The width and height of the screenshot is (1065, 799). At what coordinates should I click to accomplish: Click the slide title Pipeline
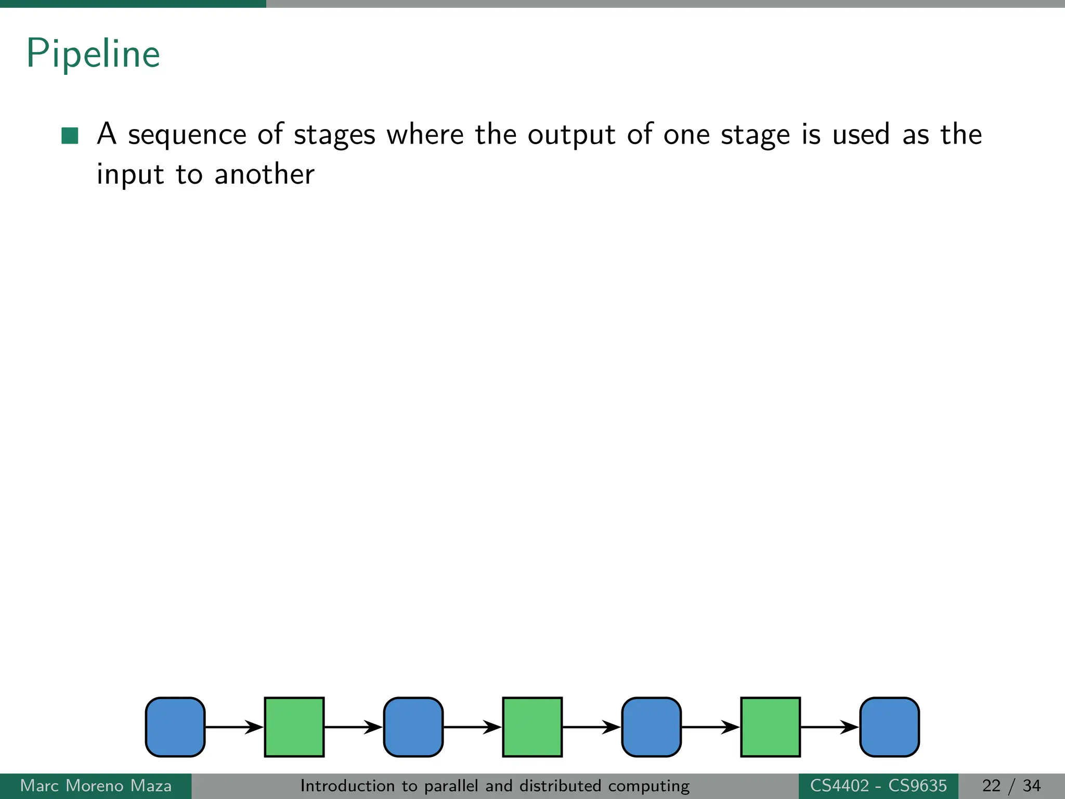click(93, 54)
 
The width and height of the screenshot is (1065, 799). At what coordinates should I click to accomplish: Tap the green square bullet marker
click(70, 135)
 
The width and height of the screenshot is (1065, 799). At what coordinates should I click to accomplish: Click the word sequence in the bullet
click(187, 135)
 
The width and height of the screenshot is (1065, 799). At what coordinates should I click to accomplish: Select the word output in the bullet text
click(572, 135)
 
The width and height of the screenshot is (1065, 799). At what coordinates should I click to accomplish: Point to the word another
click(264, 174)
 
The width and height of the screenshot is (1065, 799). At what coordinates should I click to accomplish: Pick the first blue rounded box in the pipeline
click(175, 727)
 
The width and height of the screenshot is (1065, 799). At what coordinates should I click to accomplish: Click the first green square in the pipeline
click(294, 727)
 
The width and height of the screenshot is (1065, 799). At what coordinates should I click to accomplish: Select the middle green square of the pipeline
click(532, 727)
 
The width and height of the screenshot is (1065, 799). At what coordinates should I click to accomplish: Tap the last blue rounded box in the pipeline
click(889, 727)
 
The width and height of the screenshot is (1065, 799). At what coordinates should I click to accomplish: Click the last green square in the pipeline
click(770, 727)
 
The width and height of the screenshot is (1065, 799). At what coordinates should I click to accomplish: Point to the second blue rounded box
click(413, 727)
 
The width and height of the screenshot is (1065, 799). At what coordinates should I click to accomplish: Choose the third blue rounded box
click(651, 727)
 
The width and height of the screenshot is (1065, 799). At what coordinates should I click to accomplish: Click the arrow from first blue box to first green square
click(235, 727)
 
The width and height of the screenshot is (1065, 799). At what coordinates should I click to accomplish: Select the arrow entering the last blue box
click(830, 727)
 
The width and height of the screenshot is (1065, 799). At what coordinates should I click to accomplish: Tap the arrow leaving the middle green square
click(592, 727)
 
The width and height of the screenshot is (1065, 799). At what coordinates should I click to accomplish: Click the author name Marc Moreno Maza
click(96, 785)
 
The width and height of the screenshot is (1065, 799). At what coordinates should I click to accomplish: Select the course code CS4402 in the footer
click(839, 785)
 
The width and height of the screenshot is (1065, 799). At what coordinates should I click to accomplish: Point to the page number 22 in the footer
click(991, 785)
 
